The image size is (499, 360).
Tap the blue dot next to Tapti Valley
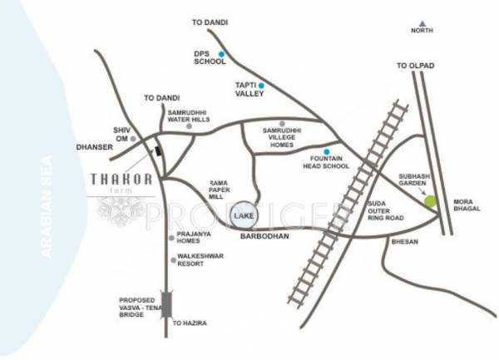tap(260, 85)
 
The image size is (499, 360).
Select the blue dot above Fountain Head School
tap(326, 151)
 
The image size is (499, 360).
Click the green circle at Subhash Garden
tap(429, 200)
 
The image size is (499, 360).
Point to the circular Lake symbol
tap(244, 215)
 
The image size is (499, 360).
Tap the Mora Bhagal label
tap(463, 207)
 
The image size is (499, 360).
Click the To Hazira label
tap(189, 322)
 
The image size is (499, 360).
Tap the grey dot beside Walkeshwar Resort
tap(172, 259)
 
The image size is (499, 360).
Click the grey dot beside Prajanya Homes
tap(172, 237)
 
